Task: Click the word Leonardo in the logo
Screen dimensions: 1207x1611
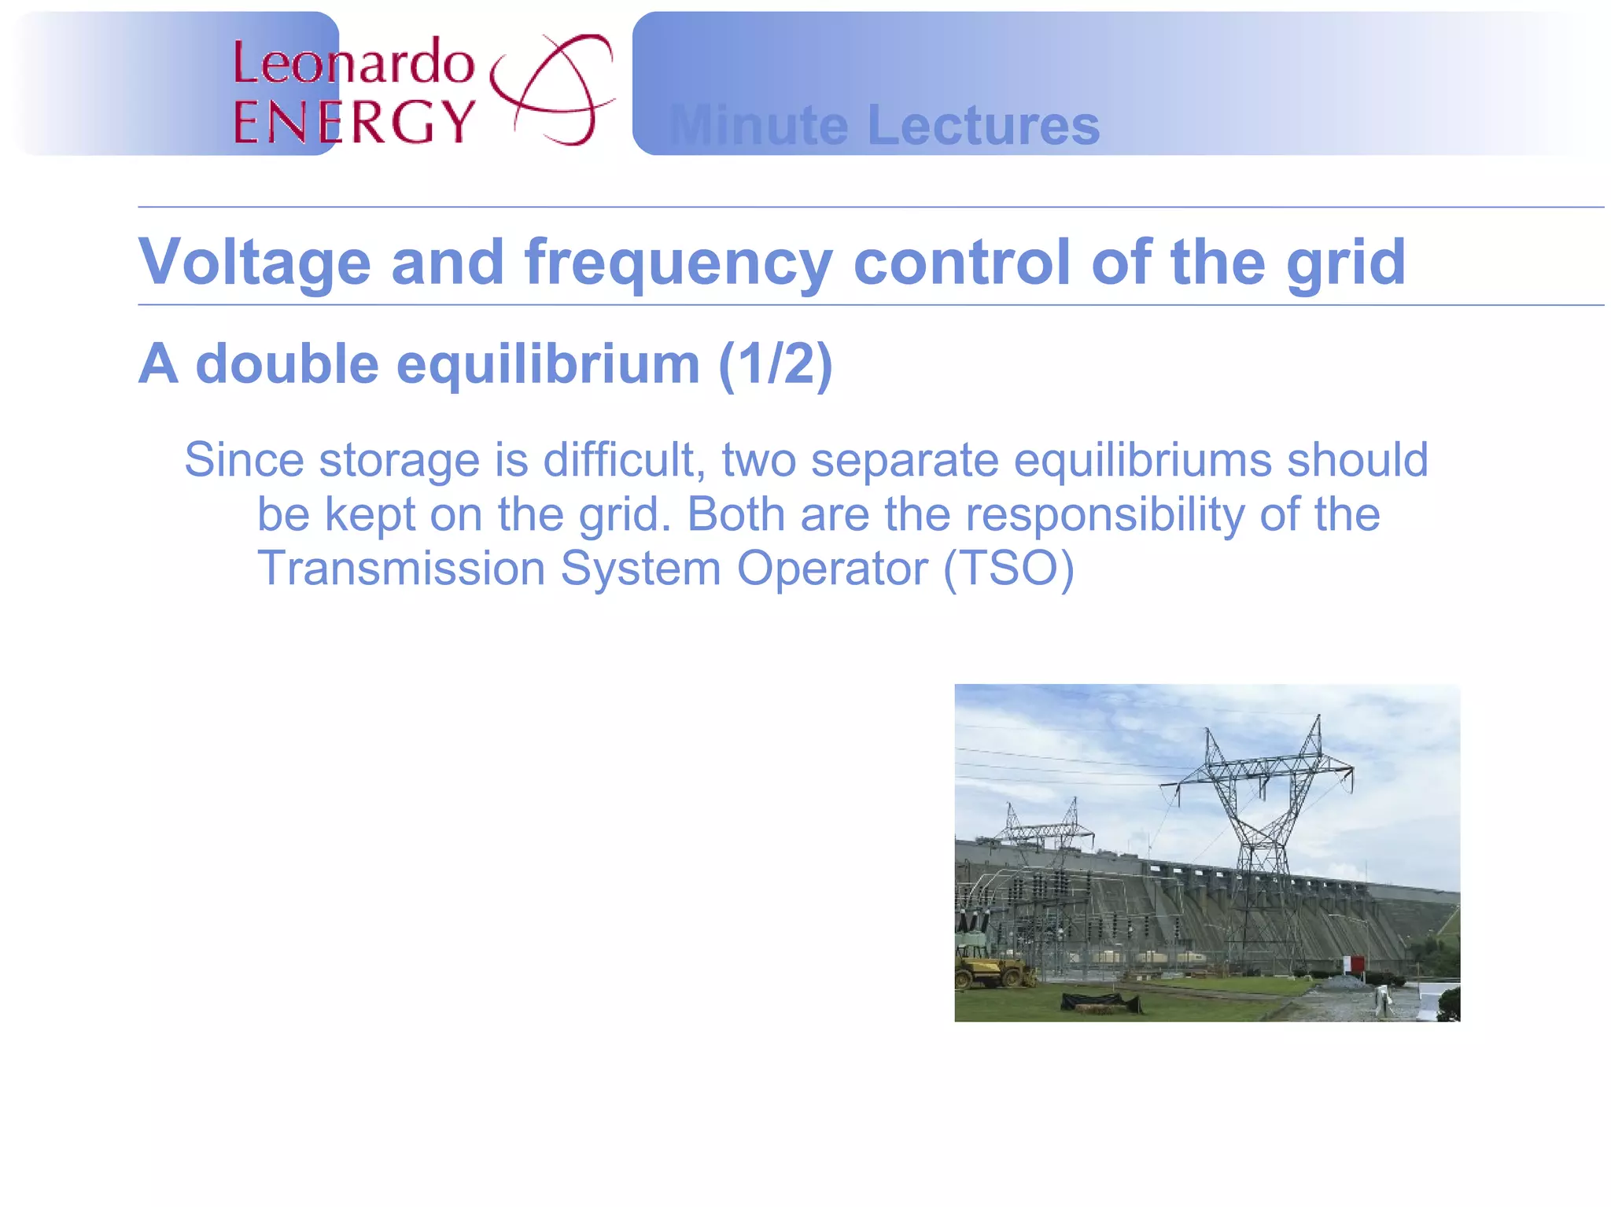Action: (354, 63)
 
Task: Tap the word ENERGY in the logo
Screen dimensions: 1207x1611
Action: (354, 122)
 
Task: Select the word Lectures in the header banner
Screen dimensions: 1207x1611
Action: (982, 125)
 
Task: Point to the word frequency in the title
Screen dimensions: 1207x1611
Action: (678, 262)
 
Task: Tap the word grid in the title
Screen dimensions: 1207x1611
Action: (1346, 262)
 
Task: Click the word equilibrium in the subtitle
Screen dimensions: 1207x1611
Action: (548, 364)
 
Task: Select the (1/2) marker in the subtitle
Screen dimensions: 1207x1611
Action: (775, 364)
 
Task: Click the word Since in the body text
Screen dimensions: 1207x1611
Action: (244, 459)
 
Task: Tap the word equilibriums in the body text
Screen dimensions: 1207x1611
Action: (1142, 461)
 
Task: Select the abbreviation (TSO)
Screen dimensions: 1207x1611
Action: (1008, 568)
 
